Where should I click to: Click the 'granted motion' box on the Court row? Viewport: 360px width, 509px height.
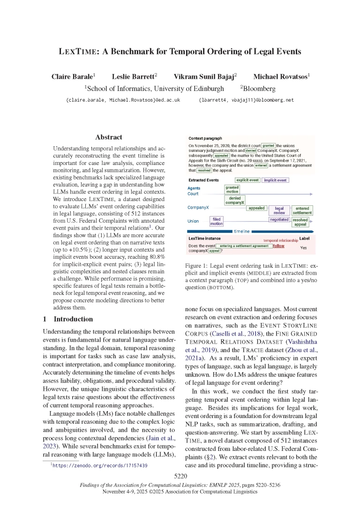point(232,189)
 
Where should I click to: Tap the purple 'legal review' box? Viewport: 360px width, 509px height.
point(279,210)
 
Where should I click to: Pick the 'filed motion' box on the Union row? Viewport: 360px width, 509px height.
point(216,221)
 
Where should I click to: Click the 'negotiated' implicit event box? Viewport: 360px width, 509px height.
point(279,219)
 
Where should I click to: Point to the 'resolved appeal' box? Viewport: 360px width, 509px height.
point(300,222)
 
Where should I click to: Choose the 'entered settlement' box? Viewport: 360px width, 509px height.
point(302,210)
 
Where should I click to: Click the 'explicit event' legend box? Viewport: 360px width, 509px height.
point(247,180)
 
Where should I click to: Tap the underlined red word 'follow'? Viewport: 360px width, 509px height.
point(278,246)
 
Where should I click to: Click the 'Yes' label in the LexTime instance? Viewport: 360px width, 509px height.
point(304,247)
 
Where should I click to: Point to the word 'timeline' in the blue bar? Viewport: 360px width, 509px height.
point(241,231)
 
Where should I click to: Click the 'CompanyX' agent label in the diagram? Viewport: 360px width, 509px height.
point(198,207)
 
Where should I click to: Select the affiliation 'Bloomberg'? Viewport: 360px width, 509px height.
point(258,88)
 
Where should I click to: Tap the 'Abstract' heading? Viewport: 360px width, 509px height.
point(108,137)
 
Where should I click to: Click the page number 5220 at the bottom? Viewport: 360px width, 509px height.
point(180,476)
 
